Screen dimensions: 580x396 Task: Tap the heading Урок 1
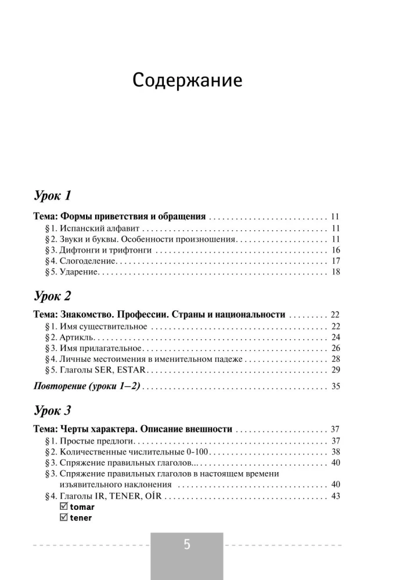[52, 195]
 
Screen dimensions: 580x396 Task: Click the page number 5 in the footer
[187, 545]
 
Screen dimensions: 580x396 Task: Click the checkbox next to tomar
[64, 507]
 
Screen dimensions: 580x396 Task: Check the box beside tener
[64, 517]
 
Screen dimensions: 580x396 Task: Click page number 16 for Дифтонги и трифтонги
[335, 250]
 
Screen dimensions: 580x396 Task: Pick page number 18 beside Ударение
[335, 272]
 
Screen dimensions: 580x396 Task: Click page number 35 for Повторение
[335, 387]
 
